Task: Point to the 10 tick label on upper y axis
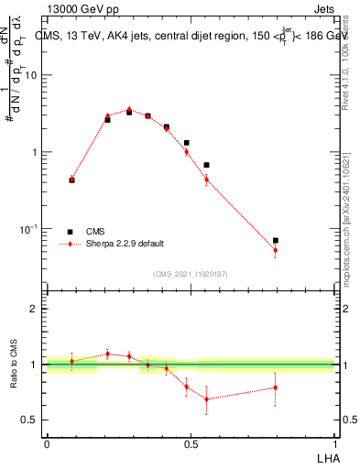[x=31, y=75]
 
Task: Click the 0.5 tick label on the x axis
[x=191, y=444]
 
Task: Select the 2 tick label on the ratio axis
[x=34, y=309]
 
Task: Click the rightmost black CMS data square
[x=275, y=240]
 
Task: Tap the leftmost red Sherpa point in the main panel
[x=72, y=179]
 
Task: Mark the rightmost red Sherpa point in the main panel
[x=275, y=250]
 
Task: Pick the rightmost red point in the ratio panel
[x=275, y=387]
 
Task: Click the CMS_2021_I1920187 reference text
[x=190, y=273]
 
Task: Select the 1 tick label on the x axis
[x=335, y=444]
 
